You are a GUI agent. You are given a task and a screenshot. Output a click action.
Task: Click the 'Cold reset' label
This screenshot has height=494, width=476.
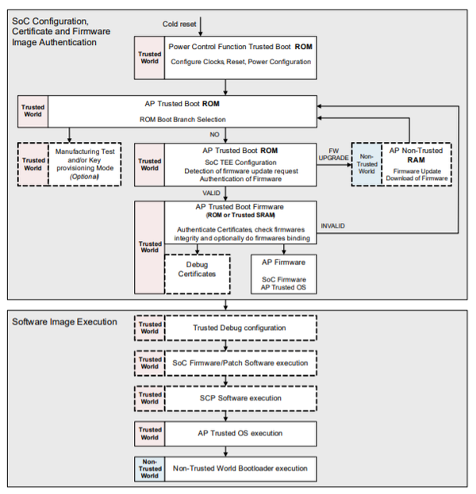[x=178, y=23]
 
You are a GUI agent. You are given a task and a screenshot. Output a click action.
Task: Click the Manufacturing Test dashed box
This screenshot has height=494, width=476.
[x=85, y=163]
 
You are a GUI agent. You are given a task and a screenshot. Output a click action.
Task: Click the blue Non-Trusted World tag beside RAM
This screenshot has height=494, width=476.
[x=367, y=164]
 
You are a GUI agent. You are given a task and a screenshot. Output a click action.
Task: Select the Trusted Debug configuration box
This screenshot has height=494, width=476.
[x=240, y=328]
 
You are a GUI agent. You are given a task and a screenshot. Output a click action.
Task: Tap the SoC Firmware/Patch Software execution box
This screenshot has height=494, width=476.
[x=240, y=363]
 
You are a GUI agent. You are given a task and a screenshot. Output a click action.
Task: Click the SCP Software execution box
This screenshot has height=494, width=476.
[x=240, y=398]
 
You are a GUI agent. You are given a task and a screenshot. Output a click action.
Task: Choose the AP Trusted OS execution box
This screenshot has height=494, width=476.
[x=240, y=434]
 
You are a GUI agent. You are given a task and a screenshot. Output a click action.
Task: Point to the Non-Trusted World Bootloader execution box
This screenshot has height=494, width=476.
[x=240, y=469]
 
